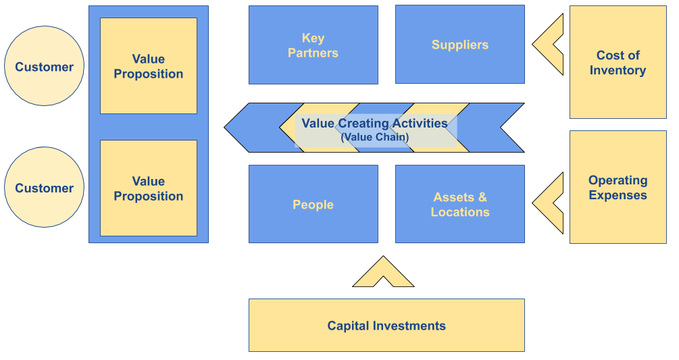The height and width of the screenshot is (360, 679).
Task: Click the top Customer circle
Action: click(45, 66)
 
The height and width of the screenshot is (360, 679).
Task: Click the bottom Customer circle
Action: click(45, 187)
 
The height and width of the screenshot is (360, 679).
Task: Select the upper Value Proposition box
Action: click(149, 66)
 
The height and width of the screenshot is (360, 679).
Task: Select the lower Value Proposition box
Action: click(149, 188)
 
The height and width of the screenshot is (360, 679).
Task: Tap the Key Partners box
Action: click(313, 45)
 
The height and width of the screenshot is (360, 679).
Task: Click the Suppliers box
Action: click(459, 45)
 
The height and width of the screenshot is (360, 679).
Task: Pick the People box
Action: click(313, 204)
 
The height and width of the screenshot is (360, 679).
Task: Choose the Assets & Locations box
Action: click(459, 204)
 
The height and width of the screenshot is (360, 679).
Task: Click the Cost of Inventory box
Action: click(618, 63)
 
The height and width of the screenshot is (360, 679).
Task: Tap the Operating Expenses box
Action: click(618, 187)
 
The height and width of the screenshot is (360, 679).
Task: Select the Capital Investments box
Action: click(386, 326)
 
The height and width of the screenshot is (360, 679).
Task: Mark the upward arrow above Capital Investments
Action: click(383, 273)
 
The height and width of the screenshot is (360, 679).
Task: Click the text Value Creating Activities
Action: click(374, 124)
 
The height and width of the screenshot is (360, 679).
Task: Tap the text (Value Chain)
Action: click(374, 137)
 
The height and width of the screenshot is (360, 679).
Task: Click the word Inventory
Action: click(618, 70)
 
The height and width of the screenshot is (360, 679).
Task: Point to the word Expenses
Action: click(618, 195)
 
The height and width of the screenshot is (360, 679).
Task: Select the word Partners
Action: click(313, 53)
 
